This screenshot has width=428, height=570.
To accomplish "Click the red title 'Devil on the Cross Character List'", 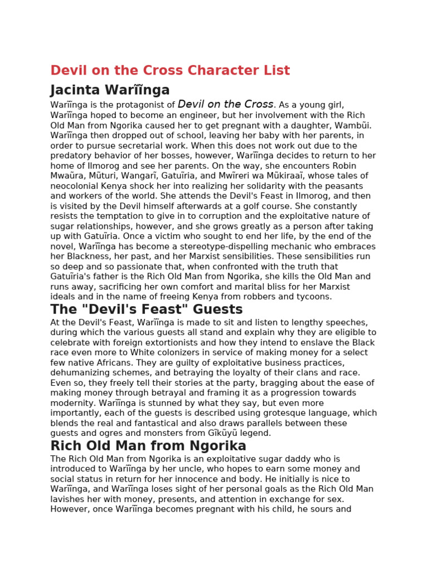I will point(170,71).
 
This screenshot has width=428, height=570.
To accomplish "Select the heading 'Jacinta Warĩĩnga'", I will point(110,90).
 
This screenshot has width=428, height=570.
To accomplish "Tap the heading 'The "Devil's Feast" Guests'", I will point(147,309).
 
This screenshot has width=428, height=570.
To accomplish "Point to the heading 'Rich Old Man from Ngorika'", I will point(148,446).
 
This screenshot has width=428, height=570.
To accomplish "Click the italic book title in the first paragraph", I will point(226,105).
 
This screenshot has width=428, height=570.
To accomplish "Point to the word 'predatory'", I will point(70,155).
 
